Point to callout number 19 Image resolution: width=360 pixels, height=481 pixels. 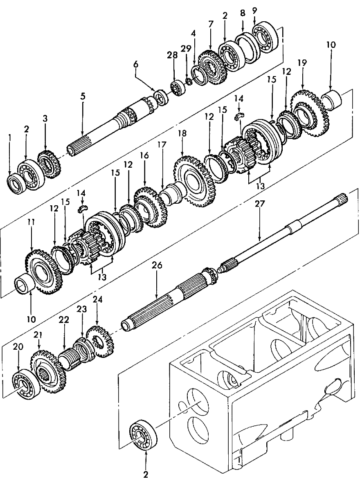click(302, 63)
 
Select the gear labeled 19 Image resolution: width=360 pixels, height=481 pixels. click(309, 108)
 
